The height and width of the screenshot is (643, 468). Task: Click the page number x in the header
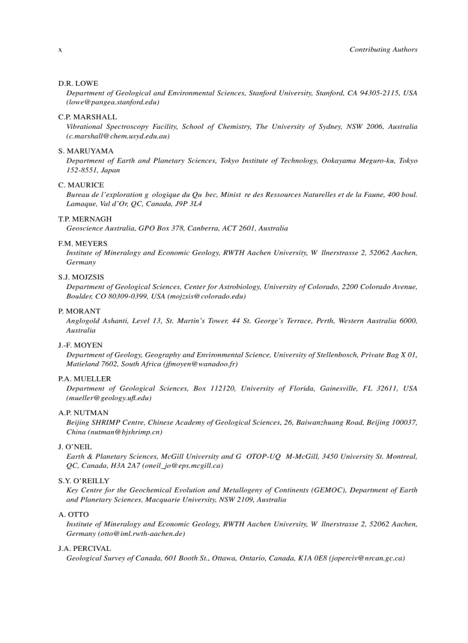coord(60,50)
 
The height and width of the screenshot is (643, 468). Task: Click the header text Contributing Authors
coord(383,50)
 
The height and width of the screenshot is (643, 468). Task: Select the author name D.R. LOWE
coord(78,83)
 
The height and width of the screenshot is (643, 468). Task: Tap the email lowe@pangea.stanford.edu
coord(112,102)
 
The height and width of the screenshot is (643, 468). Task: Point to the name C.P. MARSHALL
coord(87,117)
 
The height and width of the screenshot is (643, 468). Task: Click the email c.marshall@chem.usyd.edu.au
coord(118,136)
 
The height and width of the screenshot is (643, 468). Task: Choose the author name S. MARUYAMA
coord(86,151)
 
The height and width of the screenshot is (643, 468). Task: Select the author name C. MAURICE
coord(81,185)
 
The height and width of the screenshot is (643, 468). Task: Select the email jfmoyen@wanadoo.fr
coord(200,364)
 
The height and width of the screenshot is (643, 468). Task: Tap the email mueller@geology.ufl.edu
coord(109,398)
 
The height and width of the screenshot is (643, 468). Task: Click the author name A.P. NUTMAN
coord(83,412)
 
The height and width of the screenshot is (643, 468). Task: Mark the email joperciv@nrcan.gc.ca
coord(366,558)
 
